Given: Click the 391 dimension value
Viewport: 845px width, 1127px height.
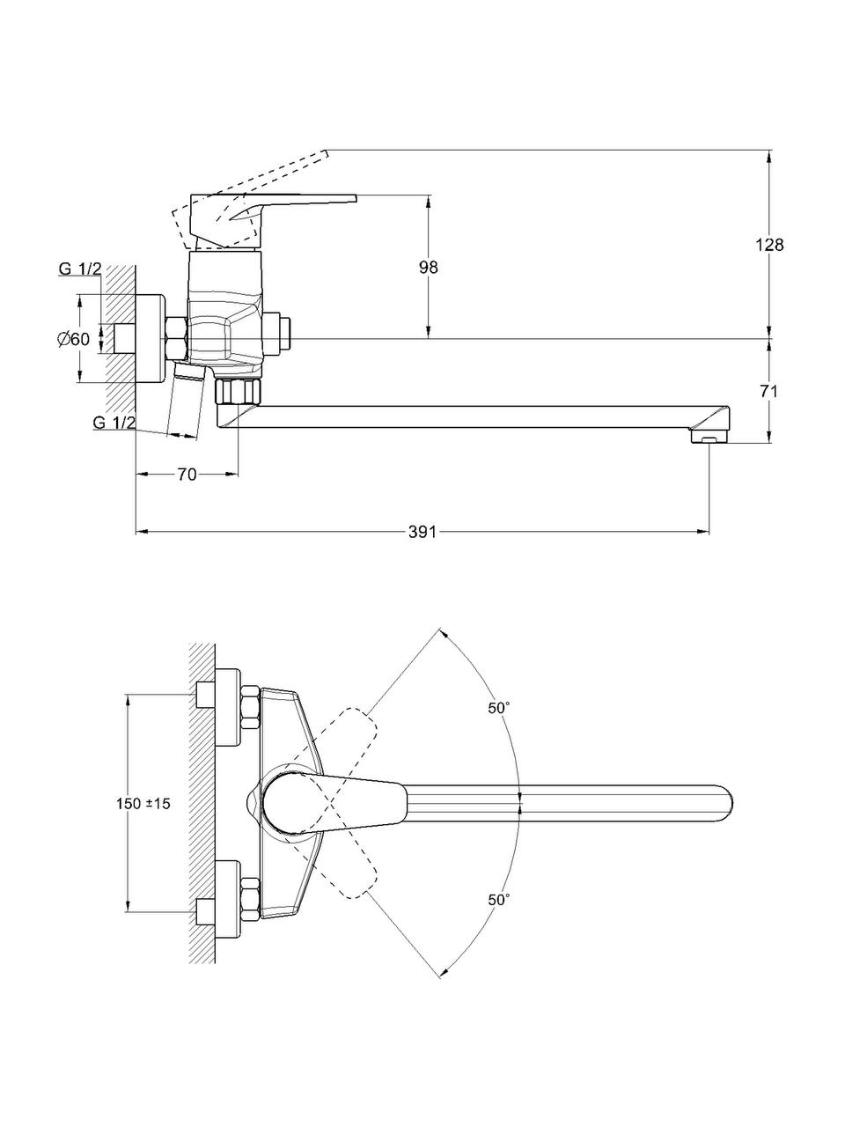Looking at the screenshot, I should pos(423,532).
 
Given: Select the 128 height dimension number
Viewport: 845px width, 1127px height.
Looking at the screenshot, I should pos(769,246).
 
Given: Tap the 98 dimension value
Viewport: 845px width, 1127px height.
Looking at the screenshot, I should pos(429,268).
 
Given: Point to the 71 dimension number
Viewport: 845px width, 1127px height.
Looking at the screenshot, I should pos(769,392).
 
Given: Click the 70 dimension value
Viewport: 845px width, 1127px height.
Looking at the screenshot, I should pos(187,475).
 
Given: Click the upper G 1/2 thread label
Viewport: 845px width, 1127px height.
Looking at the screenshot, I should pos(80,269).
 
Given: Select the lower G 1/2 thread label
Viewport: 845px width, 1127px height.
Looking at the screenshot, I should pos(114,424).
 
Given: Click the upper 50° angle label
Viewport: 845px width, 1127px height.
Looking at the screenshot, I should pos(499,708).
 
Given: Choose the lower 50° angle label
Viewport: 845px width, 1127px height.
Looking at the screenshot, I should pos(499,899).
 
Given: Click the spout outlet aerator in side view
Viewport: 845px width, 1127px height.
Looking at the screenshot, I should pos(709,436).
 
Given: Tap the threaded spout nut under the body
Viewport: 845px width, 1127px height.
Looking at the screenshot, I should pos(239,391).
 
